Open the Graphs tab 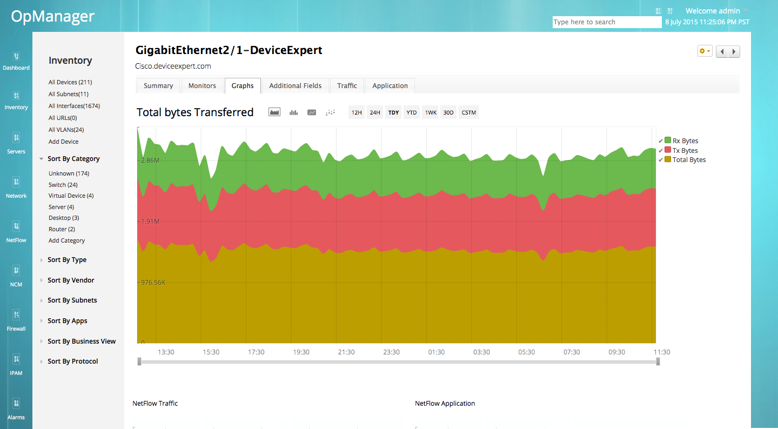(x=243, y=86)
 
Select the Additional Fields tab (x=295, y=86)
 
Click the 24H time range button (x=375, y=113)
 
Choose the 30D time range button (x=448, y=113)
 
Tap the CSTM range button (x=469, y=113)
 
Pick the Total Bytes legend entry (x=689, y=160)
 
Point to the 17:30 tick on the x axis (x=256, y=352)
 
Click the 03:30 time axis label (x=481, y=352)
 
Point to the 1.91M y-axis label (x=150, y=222)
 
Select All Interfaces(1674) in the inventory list (x=74, y=106)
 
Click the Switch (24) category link (x=63, y=185)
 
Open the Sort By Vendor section (x=71, y=280)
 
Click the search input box (x=607, y=22)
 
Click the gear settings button (x=705, y=51)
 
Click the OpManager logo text (x=53, y=17)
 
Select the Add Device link (x=63, y=142)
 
